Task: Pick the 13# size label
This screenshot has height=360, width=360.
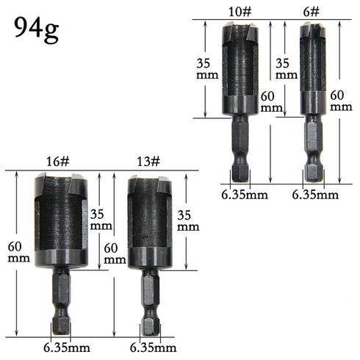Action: click(x=146, y=161)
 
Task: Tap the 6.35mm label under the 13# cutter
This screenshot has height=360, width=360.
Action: click(x=153, y=347)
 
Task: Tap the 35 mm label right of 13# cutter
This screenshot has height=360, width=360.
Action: click(x=188, y=220)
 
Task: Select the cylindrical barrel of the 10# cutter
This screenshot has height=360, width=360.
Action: click(x=240, y=70)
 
